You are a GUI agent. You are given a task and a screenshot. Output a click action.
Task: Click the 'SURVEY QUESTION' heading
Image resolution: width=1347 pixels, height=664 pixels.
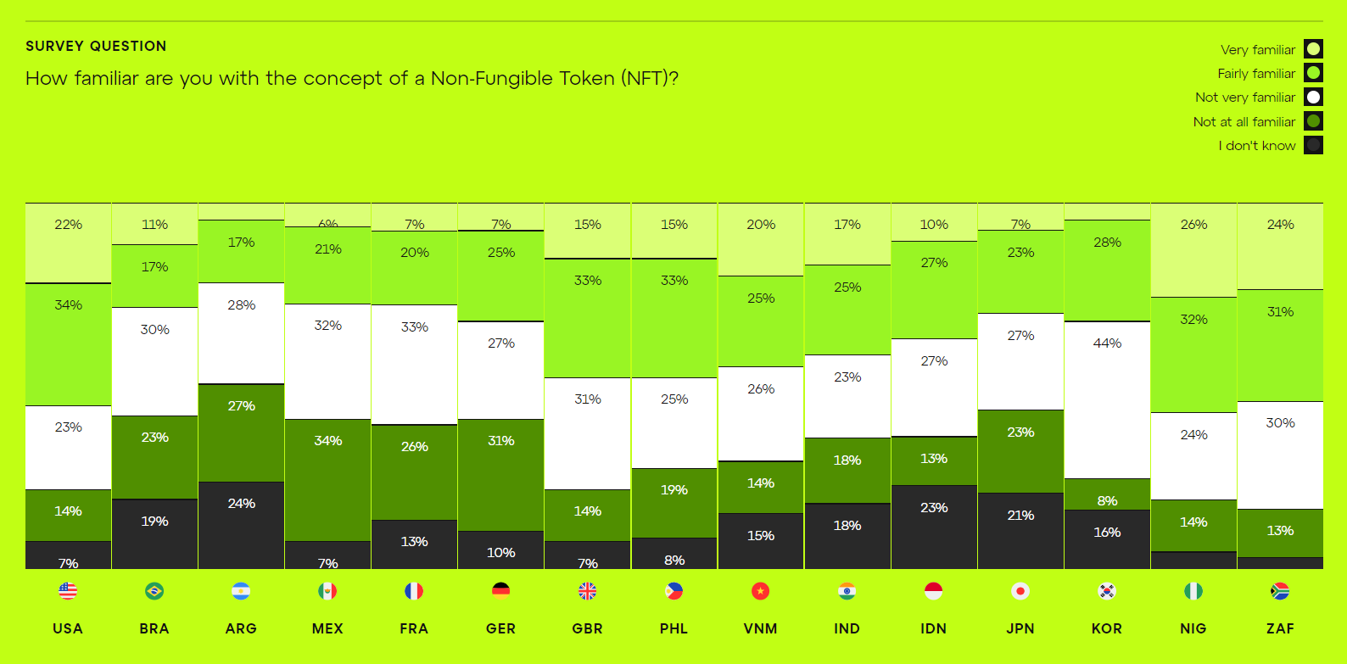(96, 46)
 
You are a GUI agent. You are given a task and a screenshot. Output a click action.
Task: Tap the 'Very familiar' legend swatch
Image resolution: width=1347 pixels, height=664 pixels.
(1313, 49)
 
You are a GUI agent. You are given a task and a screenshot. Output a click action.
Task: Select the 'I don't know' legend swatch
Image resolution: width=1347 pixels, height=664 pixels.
(1313, 145)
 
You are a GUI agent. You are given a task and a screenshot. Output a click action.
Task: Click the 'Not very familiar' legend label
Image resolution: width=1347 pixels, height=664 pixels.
(1244, 98)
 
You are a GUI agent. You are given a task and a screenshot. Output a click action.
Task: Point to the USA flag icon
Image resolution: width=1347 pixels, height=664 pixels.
(68, 591)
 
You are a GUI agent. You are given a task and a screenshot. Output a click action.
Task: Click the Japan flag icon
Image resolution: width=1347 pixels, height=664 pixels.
(1020, 591)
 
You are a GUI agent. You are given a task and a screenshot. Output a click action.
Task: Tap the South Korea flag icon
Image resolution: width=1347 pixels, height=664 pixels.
(1107, 591)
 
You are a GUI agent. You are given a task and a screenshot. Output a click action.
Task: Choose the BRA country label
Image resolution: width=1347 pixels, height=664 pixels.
(154, 628)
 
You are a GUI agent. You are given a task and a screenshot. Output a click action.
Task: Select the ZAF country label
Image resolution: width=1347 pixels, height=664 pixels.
(1280, 628)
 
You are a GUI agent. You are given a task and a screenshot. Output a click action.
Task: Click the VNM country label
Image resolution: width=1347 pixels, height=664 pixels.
(760, 628)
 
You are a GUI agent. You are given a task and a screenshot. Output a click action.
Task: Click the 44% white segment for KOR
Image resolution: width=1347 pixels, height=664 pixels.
(1107, 399)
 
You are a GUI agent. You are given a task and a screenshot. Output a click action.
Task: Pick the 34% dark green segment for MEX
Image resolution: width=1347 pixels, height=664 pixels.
(327, 480)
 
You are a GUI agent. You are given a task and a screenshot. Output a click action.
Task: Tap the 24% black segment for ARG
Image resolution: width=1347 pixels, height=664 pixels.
(241, 525)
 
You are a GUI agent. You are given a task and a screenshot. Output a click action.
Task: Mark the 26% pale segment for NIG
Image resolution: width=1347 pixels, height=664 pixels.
(1193, 250)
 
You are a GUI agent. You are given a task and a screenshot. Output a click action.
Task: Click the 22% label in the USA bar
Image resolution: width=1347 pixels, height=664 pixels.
(69, 225)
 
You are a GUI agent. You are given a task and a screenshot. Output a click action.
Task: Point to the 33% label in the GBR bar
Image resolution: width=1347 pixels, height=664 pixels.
(588, 281)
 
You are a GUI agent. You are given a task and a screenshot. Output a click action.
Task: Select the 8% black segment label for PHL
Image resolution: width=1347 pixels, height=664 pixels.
(674, 560)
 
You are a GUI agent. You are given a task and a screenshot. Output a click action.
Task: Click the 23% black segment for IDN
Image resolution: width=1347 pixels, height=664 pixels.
(934, 527)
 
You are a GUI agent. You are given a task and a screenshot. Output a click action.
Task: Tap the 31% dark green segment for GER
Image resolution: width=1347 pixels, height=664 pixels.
(500, 475)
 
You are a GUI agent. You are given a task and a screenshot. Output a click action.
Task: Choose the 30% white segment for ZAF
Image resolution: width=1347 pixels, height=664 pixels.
(1280, 455)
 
